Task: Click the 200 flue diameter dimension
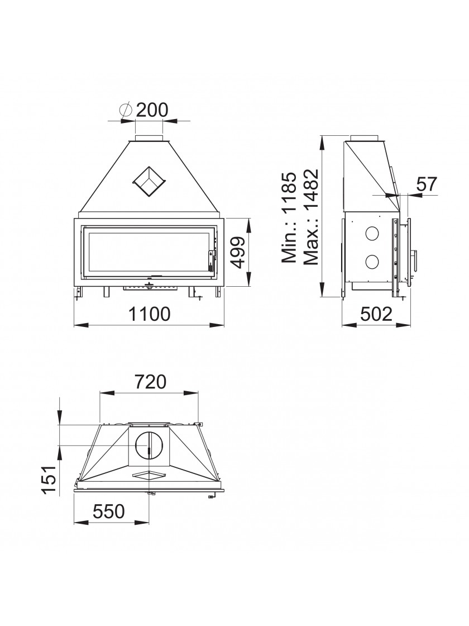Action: [x=152, y=110]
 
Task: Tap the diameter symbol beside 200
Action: [x=126, y=110]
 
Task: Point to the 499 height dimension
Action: [x=238, y=252]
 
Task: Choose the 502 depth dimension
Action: [x=376, y=314]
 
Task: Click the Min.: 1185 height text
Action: [x=289, y=217]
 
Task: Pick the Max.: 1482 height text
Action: [x=311, y=217]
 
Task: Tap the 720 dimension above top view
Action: [x=150, y=382]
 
